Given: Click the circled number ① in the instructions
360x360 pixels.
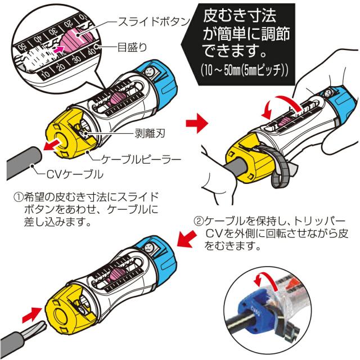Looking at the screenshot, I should pos(17,198).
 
